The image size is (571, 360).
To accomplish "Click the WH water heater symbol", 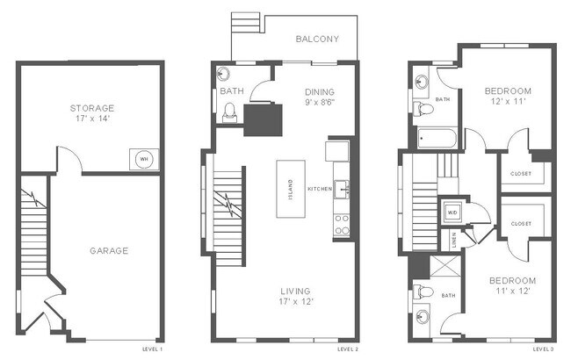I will coord(143,158).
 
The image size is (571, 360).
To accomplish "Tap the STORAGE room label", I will coord(91,108).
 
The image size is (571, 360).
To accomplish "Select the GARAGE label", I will coord(109,250).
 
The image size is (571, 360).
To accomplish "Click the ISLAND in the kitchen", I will coord(290,189).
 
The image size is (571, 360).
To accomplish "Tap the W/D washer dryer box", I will coord(452,212).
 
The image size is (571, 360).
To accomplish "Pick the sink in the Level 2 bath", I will coord(222,73).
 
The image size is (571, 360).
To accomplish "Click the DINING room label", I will coord(319,91).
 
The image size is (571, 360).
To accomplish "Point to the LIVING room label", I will coord(295,291).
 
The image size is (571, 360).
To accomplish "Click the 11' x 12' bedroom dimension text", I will coord(512,292).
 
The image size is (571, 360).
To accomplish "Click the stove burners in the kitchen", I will coord(340,225).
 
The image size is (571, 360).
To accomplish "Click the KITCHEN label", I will coord(318,190).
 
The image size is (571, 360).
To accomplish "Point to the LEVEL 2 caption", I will coord(347,349).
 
